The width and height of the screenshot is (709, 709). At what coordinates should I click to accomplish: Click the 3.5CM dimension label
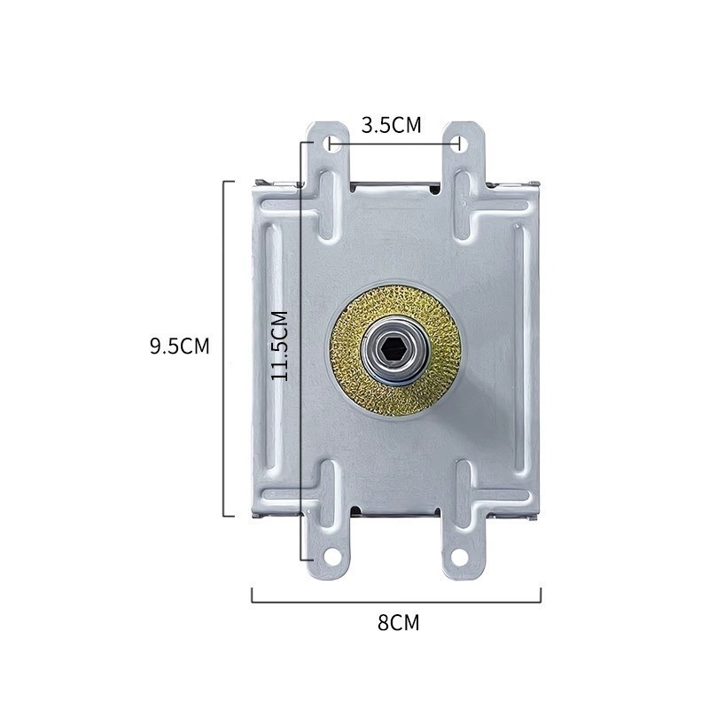tap(391, 125)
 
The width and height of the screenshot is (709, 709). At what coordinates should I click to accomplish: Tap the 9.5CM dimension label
tap(180, 347)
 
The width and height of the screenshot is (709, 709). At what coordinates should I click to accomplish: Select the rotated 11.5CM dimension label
tap(279, 346)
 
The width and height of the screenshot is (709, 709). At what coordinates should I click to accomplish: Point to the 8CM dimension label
tap(398, 623)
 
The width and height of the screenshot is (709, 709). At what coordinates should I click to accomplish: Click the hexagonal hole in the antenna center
tap(391, 347)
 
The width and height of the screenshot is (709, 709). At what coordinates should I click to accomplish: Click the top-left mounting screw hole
tap(332, 144)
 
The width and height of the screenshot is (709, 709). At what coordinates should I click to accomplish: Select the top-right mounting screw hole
tap(459, 144)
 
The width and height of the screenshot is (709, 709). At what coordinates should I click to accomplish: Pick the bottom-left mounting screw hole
tap(332, 557)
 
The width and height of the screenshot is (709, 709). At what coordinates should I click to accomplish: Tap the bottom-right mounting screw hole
tap(459, 557)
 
